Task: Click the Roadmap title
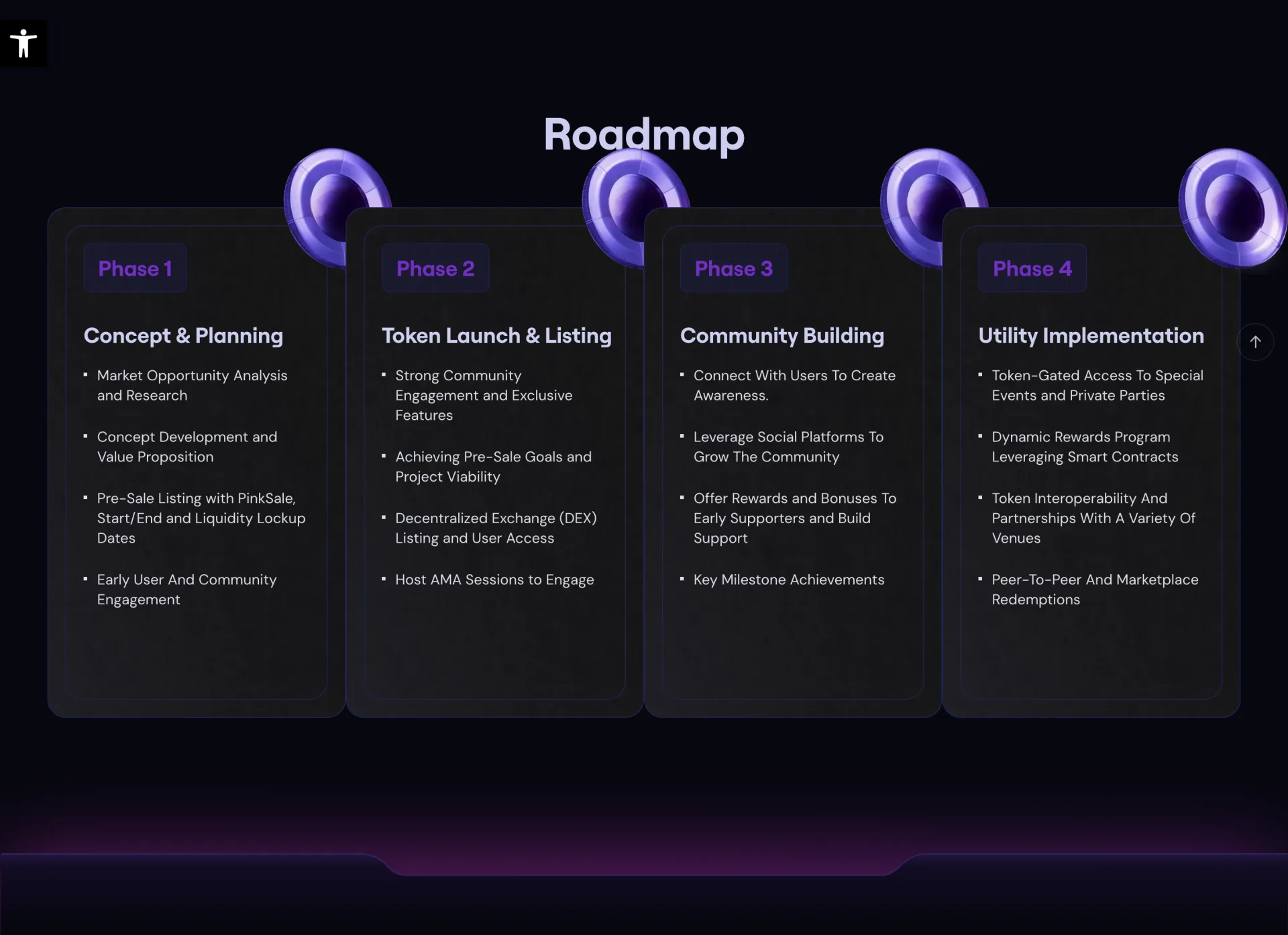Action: point(643,134)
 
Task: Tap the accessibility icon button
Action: point(23,44)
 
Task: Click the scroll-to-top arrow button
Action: point(1255,342)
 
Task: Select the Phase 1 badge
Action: point(135,268)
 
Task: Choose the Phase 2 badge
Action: point(435,268)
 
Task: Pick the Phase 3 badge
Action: point(733,268)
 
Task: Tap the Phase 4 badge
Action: point(1032,268)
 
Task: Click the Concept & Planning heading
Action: point(183,335)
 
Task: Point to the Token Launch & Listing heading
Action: point(496,335)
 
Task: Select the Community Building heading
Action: point(782,335)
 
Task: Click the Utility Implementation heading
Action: point(1091,335)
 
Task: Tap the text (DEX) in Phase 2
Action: point(578,518)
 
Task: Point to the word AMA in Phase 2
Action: point(445,580)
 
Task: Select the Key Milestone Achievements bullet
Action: point(788,580)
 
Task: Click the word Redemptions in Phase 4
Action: point(1035,600)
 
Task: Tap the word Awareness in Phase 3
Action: point(730,396)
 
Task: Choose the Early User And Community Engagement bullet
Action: point(186,590)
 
